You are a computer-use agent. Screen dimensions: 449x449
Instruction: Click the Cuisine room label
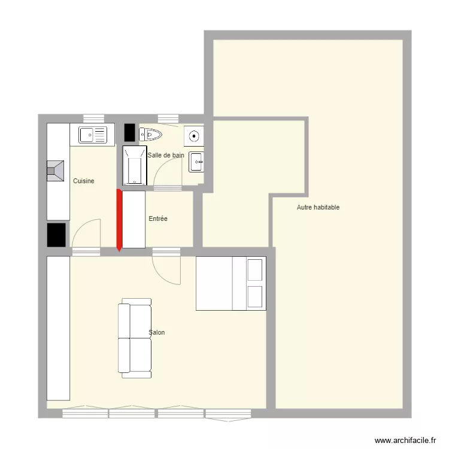tap(84, 181)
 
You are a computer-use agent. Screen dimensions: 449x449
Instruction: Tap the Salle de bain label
tap(166, 155)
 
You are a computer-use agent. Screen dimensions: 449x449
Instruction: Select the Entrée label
tap(158, 219)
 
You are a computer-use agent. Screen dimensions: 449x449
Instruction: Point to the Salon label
tap(157, 332)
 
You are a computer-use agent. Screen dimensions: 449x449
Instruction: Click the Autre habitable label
tap(318, 207)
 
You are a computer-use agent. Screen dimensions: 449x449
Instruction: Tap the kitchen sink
tap(93, 135)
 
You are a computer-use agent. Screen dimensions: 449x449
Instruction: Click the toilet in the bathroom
tap(150, 134)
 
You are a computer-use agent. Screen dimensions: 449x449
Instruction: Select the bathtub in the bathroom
tap(135, 165)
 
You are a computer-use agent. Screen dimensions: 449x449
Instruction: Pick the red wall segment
tap(119, 220)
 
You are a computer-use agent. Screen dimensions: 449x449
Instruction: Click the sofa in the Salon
tap(135, 338)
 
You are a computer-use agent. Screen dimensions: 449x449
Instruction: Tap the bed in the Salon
tap(231, 284)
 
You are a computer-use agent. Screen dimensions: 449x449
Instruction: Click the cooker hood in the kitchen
tap(55, 171)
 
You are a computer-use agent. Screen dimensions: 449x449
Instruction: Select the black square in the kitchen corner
tap(56, 235)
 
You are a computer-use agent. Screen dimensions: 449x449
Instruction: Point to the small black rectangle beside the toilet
tap(130, 132)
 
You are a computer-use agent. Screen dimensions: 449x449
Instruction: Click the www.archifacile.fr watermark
tap(405, 440)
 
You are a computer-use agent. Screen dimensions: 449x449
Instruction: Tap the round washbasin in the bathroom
tap(194, 136)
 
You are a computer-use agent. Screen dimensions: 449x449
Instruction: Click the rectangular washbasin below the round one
tap(196, 162)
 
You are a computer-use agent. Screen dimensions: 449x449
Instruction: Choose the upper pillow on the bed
tap(255, 270)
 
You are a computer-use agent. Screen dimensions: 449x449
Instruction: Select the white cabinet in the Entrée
tap(134, 219)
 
